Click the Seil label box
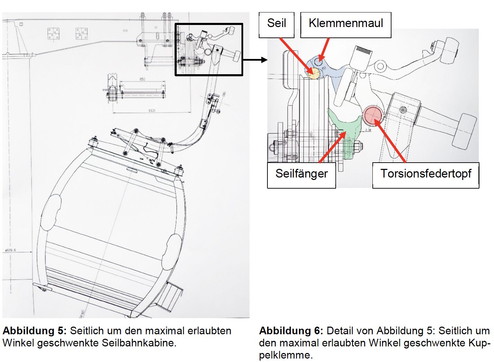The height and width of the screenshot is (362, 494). pyautogui.click(x=276, y=25)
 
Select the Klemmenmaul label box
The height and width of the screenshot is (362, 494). pyautogui.click(x=346, y=25)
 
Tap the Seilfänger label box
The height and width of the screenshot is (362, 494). pyautogui.click(x=301, y=175)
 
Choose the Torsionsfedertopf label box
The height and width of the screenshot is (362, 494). pyautogui.click(x=426, y=175)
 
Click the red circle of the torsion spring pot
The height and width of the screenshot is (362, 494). pyautogui.click(x=373, y=115)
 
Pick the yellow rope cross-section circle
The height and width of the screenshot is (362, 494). pyautogui.click(x=314, y=73)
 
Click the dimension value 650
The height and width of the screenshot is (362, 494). pyautogui.click(x=142, y=79)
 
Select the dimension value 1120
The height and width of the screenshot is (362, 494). pyautogui.click(x=152, y=111)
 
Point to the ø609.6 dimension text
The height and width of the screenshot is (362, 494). pyautogui.click(x=10, y=250)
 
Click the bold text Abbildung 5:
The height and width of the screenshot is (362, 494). pyautogui.click(x=34, y=330)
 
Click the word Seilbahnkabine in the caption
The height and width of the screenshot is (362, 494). pyautogui.click(x=139, y=343)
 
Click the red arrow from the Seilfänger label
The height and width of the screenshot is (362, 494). pyautogui.click(x=333, y=147)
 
